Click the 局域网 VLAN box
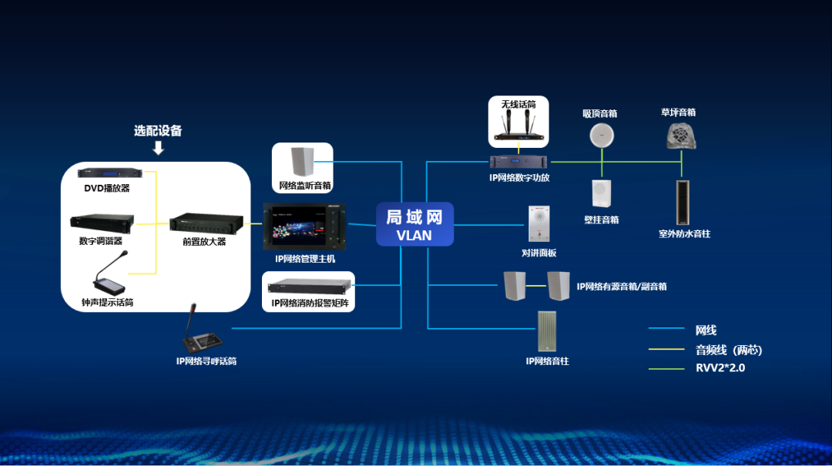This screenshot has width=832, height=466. (x=414, y=224)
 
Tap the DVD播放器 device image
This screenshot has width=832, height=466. (x=111, y=173)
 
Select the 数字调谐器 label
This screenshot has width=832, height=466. (x=101, y=241)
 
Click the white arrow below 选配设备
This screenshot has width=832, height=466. (x=158, y=147)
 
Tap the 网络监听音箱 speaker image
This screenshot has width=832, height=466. (x=302, y=163)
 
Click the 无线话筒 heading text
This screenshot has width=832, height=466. (x=518, y=104)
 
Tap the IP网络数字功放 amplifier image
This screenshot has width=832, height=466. (x=520, y=162)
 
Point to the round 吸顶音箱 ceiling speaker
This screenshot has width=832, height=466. (x=601, y=136)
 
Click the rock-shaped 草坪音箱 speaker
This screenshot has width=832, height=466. (x=681, y=136)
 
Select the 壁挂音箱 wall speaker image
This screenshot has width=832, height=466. (x=601, y=194)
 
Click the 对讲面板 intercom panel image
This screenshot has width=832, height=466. (x=539, y=225)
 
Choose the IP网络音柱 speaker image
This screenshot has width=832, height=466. (x=547, y=331)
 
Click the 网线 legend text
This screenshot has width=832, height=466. (x=706, y=330)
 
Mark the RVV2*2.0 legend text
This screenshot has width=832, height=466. (x=720, y=368)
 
